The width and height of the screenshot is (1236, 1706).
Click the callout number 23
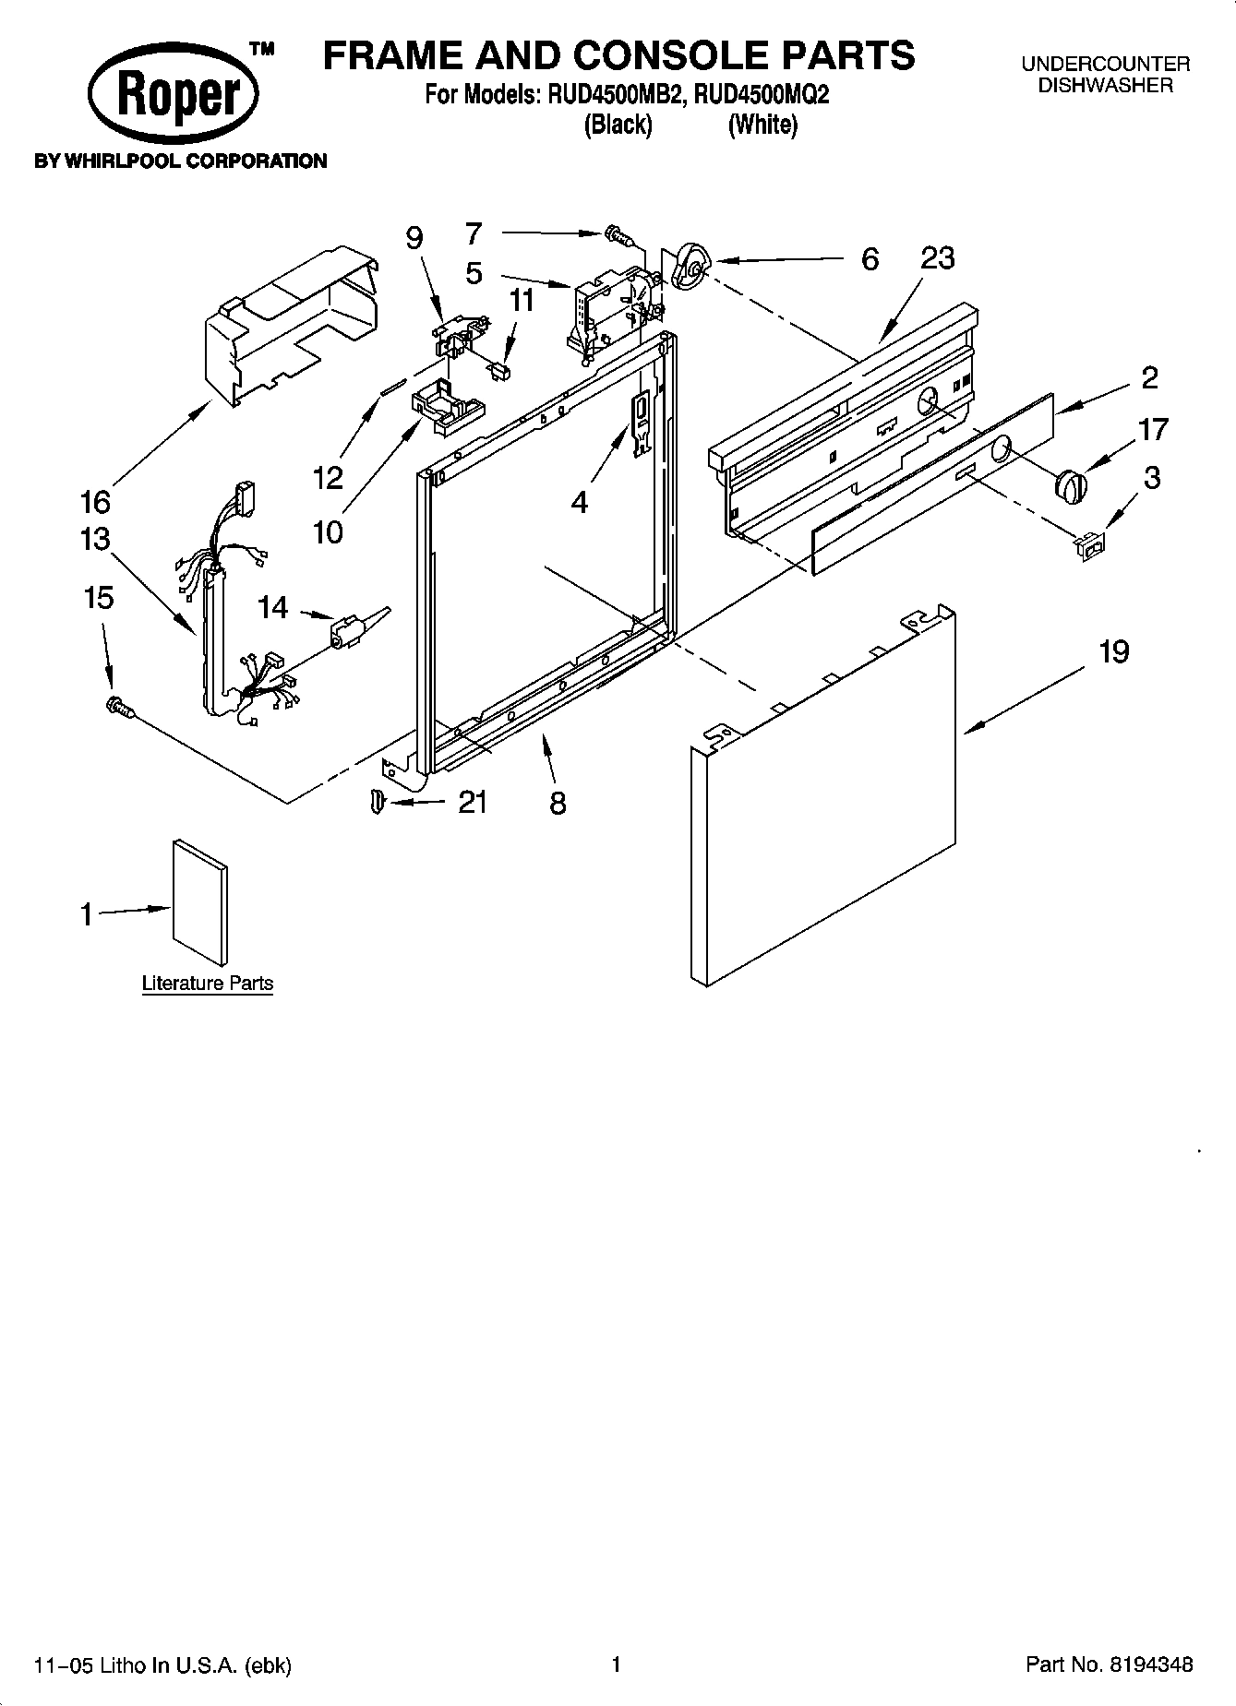[937, 258]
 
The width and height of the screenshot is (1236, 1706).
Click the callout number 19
[1114, 652]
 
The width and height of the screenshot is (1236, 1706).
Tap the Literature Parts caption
[208, 984]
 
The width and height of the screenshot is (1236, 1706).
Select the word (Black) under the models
[618, 125]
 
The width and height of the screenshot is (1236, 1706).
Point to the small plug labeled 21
[376, 802]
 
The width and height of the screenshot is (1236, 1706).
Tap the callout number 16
[95, 502]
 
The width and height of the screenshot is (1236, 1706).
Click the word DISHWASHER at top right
[1105, 86]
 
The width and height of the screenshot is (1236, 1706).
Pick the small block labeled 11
[500, 369]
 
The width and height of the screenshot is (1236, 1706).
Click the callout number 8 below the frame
[558, 803]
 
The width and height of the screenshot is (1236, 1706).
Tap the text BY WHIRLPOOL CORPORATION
[181, 161]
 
